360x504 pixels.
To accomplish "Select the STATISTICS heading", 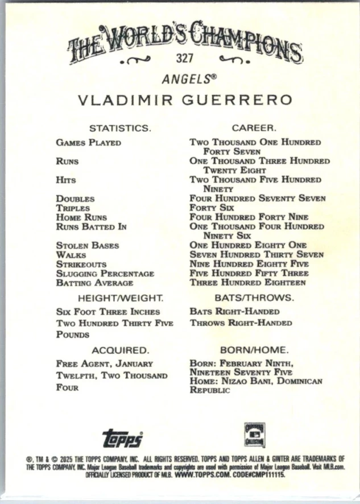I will (120, 128).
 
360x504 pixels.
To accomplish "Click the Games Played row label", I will (88, 143).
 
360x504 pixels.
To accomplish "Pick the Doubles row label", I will (75, 199).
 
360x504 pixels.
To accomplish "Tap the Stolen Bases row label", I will (87, 246).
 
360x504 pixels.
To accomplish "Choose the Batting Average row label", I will (94, 283).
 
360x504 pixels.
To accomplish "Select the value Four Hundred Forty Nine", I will (249, 217).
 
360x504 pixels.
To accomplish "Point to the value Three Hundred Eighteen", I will (247, 283).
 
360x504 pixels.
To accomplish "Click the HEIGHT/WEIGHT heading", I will (120, 298).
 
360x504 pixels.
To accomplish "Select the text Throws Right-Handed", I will (241, 323).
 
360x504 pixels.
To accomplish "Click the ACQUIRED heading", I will (120, 350).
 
